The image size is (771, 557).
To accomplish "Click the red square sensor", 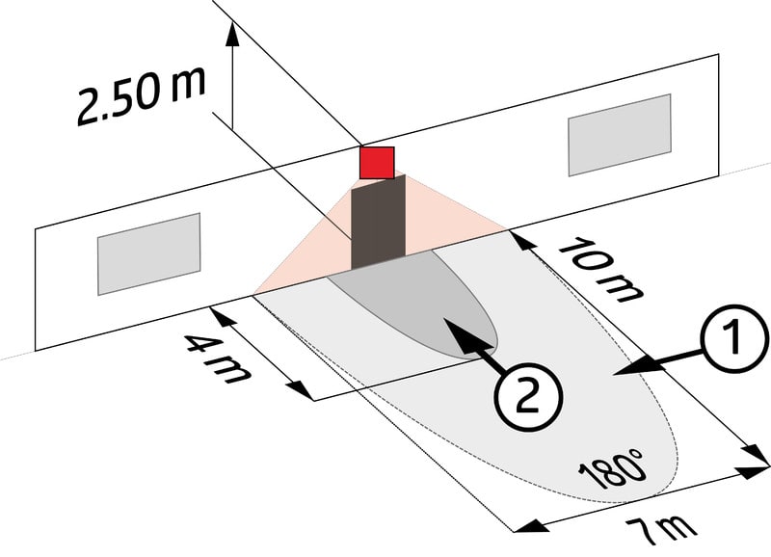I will [377, 163].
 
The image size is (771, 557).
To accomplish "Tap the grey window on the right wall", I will [620, 134].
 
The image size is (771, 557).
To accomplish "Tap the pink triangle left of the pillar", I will [308, 260].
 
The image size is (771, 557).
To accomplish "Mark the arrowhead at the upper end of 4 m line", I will [220, 310].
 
